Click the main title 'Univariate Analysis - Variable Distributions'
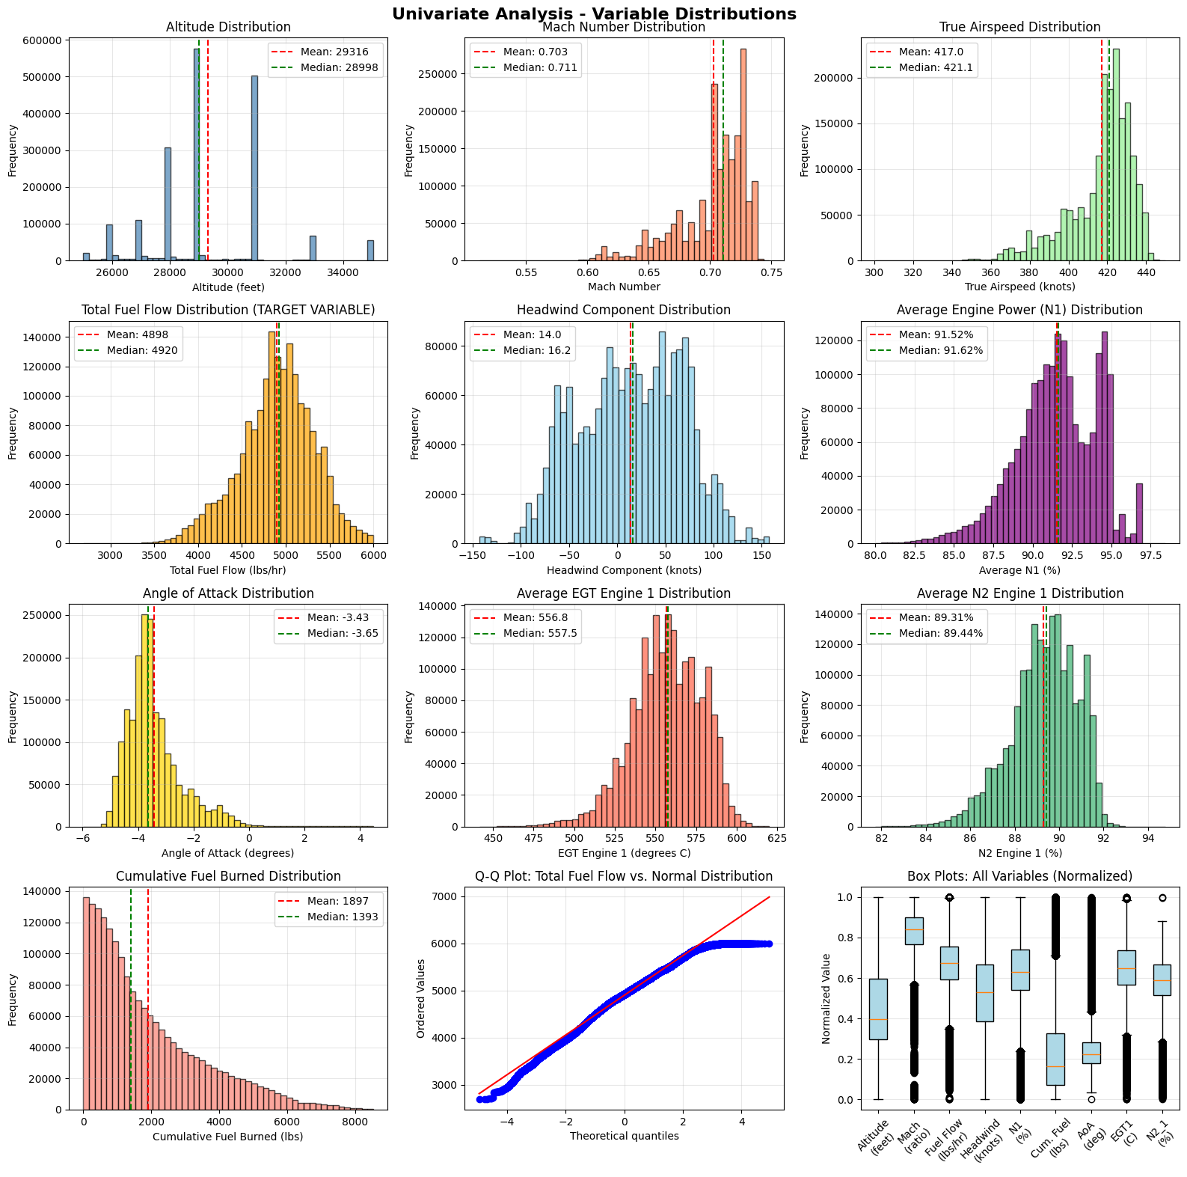coord(594,14)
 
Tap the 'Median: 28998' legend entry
coord(340,67)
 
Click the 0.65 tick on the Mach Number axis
coord(648,272)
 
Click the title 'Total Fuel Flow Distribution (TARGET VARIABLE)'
coord(228,310)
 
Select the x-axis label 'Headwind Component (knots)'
coord(624,570)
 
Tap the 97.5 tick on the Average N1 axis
coord(1150,555)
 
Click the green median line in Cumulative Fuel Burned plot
coord(131,1003)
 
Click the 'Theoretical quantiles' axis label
coord(624,1136)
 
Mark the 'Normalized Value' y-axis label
coord(826,998)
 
